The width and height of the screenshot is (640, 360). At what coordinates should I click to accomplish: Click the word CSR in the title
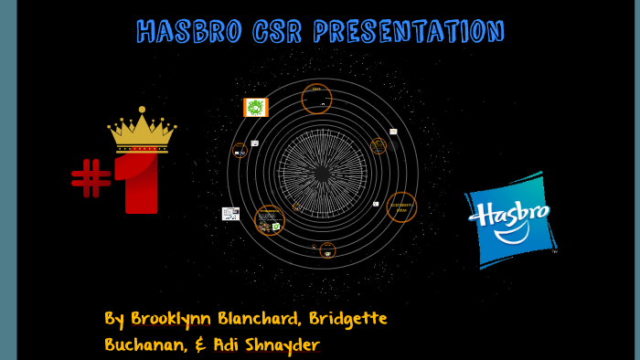tap(271, 32)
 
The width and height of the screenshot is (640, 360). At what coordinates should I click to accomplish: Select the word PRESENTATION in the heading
tap(408, 32)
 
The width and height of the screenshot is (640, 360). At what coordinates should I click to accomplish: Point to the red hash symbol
tap(91, 177)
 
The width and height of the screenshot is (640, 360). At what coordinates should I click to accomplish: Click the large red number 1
tap(142, 183)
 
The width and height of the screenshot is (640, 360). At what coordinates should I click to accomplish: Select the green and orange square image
tap(256, 108)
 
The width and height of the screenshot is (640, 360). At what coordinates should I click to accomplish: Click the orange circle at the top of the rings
tap(316, 98)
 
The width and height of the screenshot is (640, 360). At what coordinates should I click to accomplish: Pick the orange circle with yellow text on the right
tap(401, 207)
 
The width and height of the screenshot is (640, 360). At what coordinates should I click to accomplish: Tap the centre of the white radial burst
tap(322, 173)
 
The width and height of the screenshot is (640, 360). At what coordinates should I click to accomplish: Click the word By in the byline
tap(114, 320)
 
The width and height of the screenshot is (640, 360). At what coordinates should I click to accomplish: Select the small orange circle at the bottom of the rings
tap(327, 249)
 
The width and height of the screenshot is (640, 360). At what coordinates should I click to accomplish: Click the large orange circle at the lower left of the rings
tap(269, 220)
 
